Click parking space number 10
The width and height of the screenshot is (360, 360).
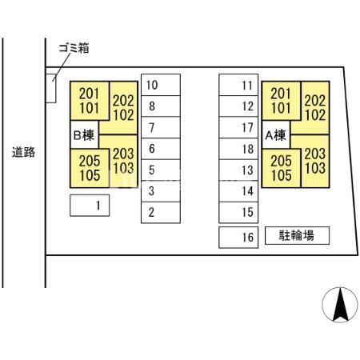(161, 85)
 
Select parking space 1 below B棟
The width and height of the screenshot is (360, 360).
(90, 206)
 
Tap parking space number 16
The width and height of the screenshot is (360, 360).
(238, 238)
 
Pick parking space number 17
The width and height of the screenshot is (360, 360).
(238, 127)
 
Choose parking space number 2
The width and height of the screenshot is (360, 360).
(161, 213)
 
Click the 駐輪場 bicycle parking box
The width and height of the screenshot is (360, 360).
(297, 235)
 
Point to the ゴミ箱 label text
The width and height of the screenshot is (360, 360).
(74, 48)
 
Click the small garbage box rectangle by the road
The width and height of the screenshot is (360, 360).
(51, 88)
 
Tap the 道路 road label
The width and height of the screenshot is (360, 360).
(23, 152)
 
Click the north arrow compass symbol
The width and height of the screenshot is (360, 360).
(340, 305)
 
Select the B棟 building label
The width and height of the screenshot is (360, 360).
(84, 135)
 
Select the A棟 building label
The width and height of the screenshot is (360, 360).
(276, 135)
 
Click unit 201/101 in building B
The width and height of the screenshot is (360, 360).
(90, 101)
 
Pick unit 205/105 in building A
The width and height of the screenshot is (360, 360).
(281, 168)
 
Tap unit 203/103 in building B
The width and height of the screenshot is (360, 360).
(123, 161)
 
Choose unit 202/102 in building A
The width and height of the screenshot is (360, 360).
(315, 108)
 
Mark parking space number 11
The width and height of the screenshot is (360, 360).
(238, 85)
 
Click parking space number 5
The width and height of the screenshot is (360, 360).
(161, 170)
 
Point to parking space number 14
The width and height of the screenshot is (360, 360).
(238, 191)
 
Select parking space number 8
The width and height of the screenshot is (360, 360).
(161, 106)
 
